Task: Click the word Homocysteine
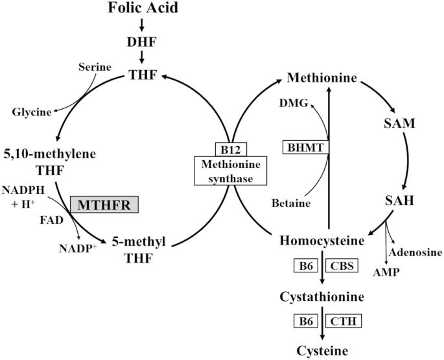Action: coord(321,241)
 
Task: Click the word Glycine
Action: coord(31,112)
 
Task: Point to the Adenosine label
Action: coord(414,252)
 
